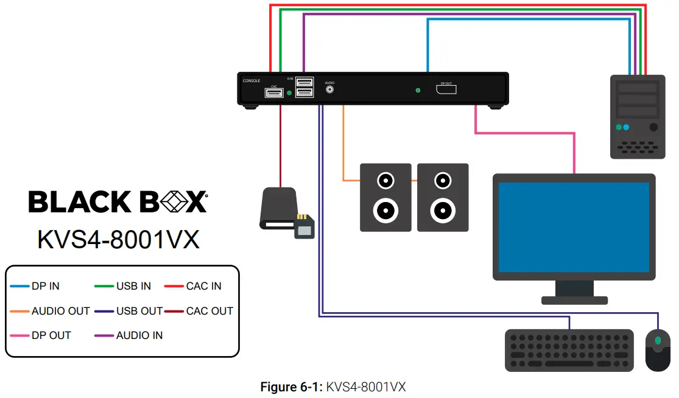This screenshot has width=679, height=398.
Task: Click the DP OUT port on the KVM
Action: click(x=446, y=90)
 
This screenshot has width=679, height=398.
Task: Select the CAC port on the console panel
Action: click(x=273, y=93)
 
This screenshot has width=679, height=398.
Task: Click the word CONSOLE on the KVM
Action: click(x=252, y=80)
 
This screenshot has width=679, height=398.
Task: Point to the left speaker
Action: click(x=385, y=197)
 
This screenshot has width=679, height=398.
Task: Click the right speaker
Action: click(x=443, y=197)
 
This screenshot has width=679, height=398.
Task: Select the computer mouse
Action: click(x=657, y=350)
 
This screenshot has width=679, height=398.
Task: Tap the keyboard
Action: click(x=569, y=351)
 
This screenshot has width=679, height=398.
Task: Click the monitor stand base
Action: click(x=574, y=300)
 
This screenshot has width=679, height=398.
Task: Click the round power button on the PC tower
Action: click(x=653, y=128)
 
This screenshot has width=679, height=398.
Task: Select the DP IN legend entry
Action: click(x=46, y=286)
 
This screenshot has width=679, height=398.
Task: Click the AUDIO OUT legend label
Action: click(x=60, y=311)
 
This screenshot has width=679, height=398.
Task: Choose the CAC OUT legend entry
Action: click(x=209, y=311)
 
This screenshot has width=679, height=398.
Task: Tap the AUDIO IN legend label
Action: click(x=139, y=335)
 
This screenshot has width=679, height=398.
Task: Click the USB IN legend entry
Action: click(x=133, y=286)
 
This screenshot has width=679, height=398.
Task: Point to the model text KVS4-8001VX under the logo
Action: click(x=118, y=239)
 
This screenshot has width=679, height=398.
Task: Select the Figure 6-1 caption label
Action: click(x=292, y=387)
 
